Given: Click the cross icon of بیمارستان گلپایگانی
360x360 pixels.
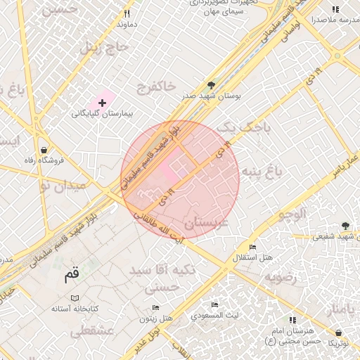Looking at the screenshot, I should point(103,103).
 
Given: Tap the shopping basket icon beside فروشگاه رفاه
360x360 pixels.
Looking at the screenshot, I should point(44,150).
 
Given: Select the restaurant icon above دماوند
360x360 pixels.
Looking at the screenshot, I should point(127,13).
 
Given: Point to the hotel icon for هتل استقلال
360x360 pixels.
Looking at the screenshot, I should point(253,247).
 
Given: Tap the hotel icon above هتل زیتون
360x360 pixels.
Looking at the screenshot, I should point(155,308).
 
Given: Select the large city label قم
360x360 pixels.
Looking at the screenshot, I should point(71,274).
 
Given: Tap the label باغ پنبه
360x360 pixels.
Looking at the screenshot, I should point(262,171).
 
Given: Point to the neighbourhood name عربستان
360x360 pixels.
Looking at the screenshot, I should point(207,224).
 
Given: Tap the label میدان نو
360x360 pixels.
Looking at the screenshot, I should point(63,186).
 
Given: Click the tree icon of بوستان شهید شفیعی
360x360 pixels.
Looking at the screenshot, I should point(345,226).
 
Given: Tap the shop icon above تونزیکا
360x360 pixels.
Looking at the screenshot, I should point(339,332).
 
